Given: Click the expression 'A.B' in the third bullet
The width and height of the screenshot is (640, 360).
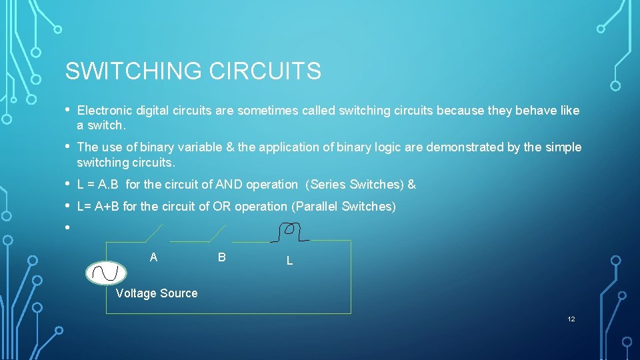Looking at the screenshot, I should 108,185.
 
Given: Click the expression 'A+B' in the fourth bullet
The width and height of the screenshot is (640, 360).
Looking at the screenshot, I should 108,207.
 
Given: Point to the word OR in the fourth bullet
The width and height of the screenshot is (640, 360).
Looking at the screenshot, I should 221,207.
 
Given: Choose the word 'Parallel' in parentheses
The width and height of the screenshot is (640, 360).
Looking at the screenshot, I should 317,207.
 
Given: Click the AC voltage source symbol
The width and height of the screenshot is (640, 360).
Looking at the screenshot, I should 106,273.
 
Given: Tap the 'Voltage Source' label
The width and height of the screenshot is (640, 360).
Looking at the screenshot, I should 157,293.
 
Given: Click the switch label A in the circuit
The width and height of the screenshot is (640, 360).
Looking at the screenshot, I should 154,257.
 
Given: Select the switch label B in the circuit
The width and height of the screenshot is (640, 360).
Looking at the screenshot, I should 222,257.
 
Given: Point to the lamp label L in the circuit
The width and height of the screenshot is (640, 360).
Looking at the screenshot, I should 289,261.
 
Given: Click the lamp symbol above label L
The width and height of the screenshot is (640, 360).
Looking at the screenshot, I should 289,231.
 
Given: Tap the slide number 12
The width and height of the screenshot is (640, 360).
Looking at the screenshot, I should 571,319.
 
